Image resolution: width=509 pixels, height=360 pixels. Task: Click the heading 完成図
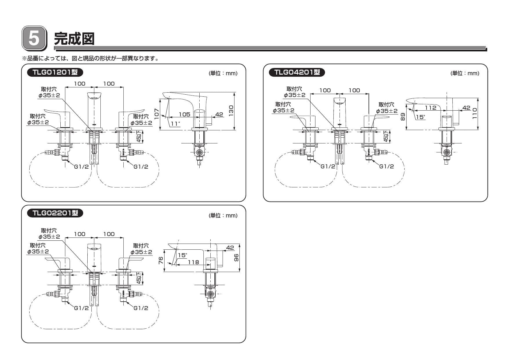coord(74,38)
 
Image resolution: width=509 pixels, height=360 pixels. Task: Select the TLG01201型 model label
coord(55,72)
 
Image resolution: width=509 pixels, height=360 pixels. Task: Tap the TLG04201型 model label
coord(297,72)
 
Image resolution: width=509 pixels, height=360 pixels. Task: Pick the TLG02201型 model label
coord(55,213)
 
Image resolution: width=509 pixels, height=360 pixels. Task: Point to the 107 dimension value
coord(156,114)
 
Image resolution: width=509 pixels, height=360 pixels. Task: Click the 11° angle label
coord(175,124)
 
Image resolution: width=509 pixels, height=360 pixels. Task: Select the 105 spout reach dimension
coord(184,114)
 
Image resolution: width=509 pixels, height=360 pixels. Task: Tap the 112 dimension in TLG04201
coord(430,108)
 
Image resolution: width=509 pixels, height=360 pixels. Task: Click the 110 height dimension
coord(474,114)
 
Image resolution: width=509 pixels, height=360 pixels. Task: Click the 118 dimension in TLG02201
coord(193,262)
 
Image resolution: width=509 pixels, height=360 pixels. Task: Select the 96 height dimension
coord(237,258)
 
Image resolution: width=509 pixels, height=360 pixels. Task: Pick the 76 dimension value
coord(161,260)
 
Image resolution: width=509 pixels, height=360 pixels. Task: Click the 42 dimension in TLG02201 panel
coord(230,248)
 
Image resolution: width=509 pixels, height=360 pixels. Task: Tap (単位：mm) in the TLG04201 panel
coord(465,73)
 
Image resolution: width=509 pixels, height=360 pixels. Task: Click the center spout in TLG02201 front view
coord(94,257)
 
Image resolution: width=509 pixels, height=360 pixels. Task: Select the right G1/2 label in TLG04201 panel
coord(386,166)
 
